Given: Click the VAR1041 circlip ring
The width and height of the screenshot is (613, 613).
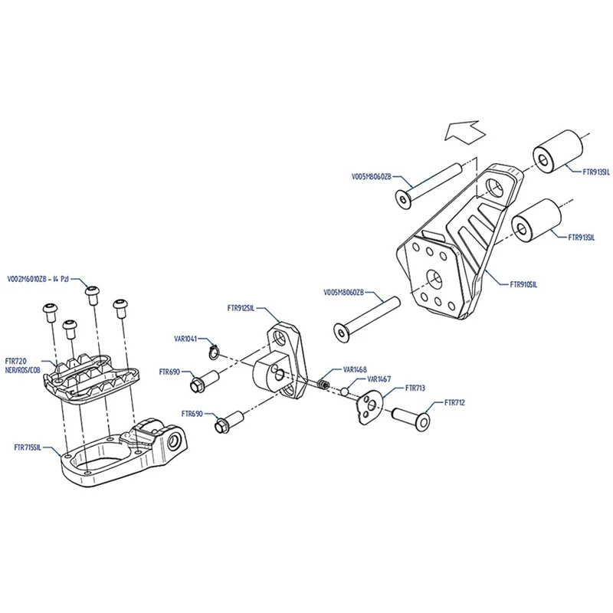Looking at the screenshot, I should (215, 352).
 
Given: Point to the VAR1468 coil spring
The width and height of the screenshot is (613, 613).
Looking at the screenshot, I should (325, 382).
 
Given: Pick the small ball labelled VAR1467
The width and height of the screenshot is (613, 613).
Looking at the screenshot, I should (346, 392).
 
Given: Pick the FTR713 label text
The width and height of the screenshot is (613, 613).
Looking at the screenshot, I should (415, 388).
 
